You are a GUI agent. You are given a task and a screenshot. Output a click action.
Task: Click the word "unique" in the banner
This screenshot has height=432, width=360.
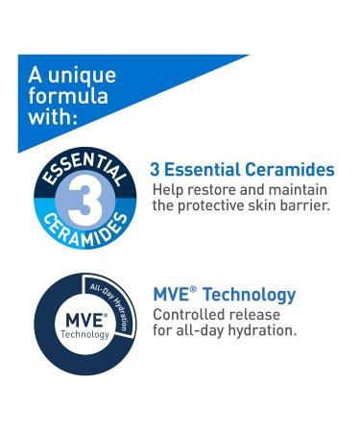82,75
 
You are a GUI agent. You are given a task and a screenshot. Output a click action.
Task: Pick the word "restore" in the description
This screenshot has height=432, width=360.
217,189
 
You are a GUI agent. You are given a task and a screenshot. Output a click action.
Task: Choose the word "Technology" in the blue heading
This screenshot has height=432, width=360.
249,295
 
